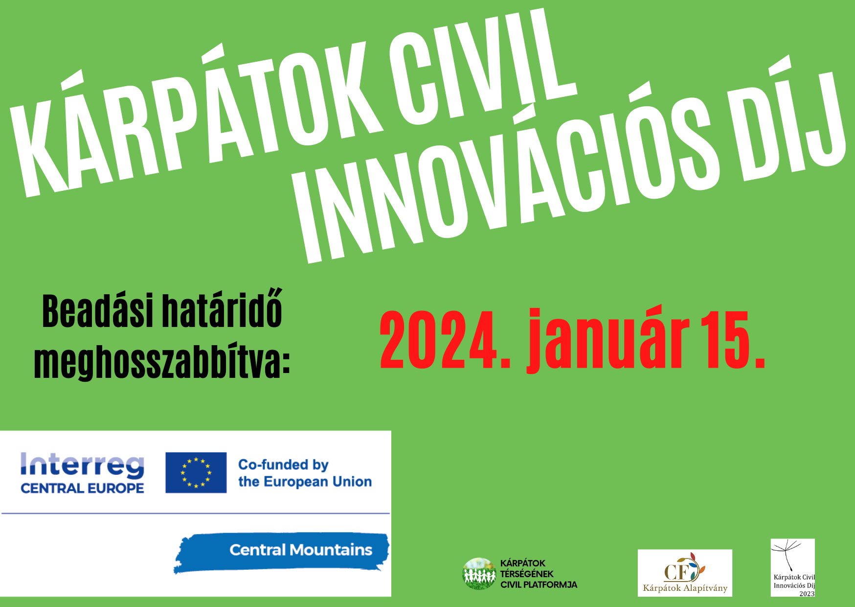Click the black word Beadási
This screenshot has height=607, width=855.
pyautogui.click(x=98, y=311)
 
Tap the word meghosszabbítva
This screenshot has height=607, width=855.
pyautogui.click(x=162, y=363)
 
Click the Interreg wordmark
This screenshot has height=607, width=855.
pyautogui.click(x=82, y=465)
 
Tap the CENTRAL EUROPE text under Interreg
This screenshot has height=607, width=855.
pyautogui.click(x=82, y=488)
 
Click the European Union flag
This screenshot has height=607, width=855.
pyautogui.click(x=196, y=472)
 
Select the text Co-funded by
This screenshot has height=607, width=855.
pyautogui.click(x=283, y=465)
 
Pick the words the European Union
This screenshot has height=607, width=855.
pyautogui.click(x=305, y=482)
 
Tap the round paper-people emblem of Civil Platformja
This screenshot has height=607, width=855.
pyautogui.click(x=479, y=574)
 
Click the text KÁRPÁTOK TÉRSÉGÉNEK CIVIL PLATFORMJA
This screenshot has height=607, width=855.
pyautogui.click(x=539, y=574)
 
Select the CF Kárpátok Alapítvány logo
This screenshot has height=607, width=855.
pyautogui.click(x=685, y=573)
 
